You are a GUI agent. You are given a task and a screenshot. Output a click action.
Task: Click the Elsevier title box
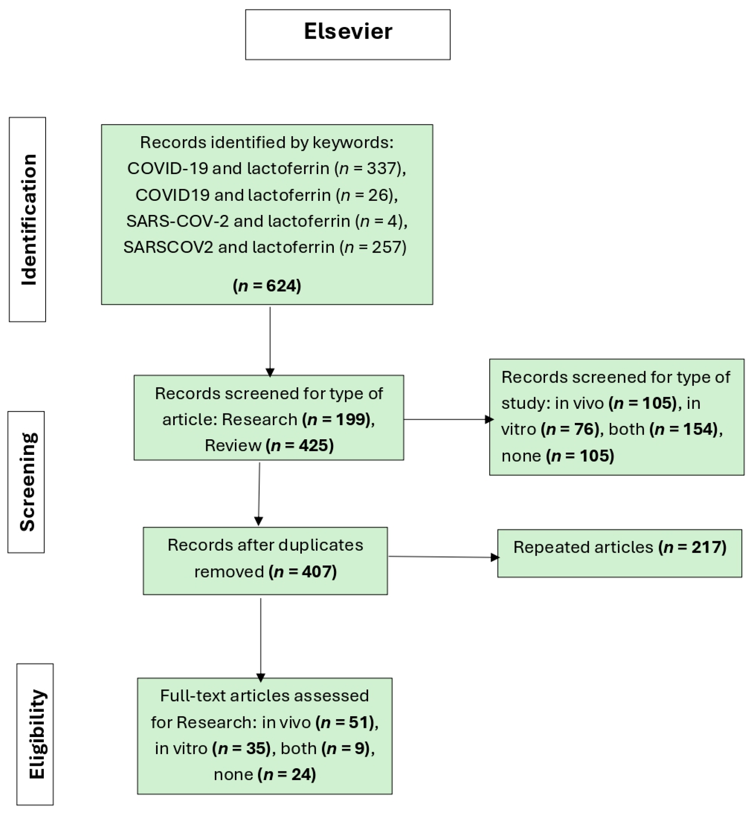pos(348,34)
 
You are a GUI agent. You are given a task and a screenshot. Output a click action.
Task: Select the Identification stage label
pos(27,219)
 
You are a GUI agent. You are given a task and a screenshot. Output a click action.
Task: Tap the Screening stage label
pos(26,482)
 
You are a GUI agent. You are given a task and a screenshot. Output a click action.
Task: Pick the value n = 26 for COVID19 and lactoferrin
pos(367,195)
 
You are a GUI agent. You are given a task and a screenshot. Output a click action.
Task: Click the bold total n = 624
pos(267,285)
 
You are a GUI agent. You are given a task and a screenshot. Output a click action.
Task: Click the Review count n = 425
pos(300,445)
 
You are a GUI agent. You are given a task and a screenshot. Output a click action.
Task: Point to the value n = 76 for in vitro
pos(571,429)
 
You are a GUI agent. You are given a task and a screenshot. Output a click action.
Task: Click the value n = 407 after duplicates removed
pos(303,572)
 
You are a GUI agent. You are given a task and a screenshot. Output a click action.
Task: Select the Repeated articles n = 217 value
pos(692,547)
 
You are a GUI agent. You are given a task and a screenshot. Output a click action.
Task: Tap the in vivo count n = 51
pos(346,723)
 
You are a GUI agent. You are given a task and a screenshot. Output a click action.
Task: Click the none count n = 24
pos(287,775)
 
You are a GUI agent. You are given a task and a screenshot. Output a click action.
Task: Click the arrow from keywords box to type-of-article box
pos(270,341)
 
